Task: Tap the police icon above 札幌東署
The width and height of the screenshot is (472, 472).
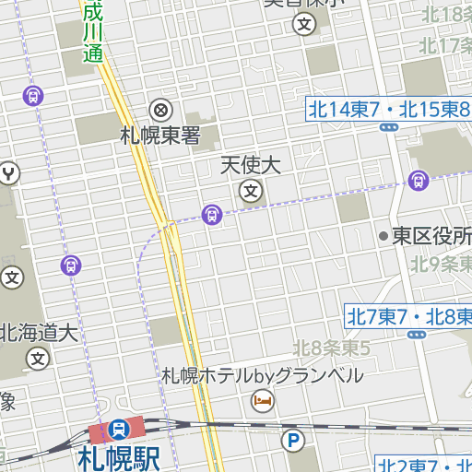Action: [x=160, y=111]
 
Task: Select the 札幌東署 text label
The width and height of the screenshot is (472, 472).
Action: [x=160, y=136]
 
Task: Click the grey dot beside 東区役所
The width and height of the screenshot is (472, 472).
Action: [x=383, y=236]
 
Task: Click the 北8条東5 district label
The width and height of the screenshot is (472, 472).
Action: [x=332, y=348]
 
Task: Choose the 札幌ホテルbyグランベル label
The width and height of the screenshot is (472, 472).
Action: [x=263, y=375]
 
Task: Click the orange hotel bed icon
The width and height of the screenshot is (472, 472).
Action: [x=263, y=400]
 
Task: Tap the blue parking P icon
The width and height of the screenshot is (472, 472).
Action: [x=293, y=442]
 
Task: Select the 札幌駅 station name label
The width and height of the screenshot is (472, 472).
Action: [x=119, y=457]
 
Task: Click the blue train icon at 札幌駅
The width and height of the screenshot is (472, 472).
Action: [x=119, y=430]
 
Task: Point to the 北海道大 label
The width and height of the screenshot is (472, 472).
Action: [x=38, y=333]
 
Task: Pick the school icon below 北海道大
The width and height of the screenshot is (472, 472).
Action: [x=38, y=358]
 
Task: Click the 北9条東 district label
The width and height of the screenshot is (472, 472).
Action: [x=441, y=264]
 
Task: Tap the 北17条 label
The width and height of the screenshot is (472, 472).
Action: [x=444, y=44]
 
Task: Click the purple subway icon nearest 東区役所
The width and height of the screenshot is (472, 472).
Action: [x=419, y=181]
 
